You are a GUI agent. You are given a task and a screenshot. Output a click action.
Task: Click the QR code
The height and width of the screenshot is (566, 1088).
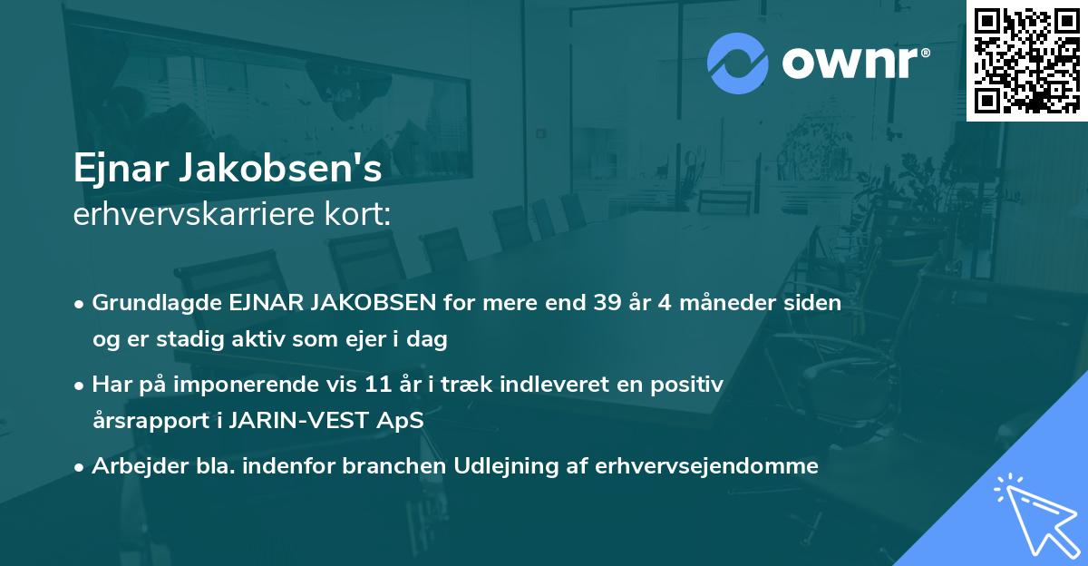(1027, 61)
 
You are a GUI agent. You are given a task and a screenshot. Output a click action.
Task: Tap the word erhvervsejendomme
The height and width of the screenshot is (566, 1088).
(707, 466)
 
